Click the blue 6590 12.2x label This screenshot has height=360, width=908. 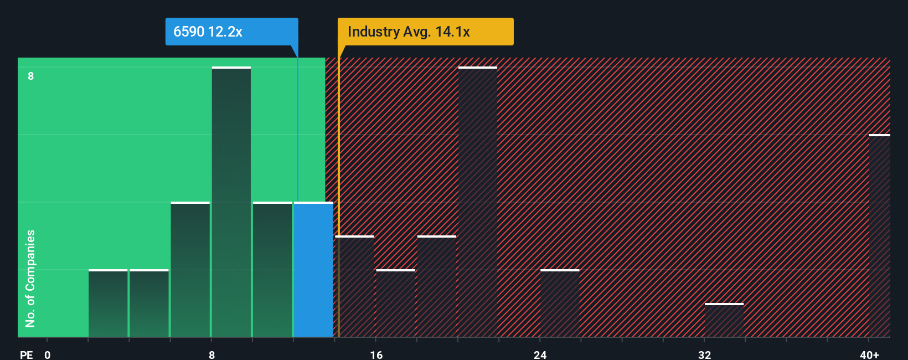click(x=231, y=32)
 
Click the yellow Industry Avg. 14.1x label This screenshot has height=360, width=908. click(x=425, y=32)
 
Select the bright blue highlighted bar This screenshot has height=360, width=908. click(x=313, y=270)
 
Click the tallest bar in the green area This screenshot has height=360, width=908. click(x=231, y=202)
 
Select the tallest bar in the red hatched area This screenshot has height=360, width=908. click(x=478, y=202)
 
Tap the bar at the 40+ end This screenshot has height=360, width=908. click(x=879, y=235)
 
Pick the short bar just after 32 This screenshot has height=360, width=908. click(x=724, y=320)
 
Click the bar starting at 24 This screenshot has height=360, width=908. click(x=560, y=304)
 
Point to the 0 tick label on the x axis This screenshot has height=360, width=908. click(x=48, y=354)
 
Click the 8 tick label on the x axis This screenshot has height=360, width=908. click(x=211, y=354)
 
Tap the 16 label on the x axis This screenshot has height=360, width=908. click(x=376, y=354)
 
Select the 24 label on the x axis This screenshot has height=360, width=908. click(x=540, y=354)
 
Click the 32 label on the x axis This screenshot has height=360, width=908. click(x=704, y=354)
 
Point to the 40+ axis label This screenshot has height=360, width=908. click(x=869, y=354)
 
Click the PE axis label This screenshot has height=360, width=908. click(x=26, y=354)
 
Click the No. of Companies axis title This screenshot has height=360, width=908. click(x=30, y=278)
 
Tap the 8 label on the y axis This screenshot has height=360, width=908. click(x=31, y=76)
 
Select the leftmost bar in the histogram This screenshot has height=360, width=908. click(x=108, y=304)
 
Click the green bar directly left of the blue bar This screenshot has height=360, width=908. click(x=272, y=270)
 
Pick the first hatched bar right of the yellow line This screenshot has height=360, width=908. click(x=355, y=286)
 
